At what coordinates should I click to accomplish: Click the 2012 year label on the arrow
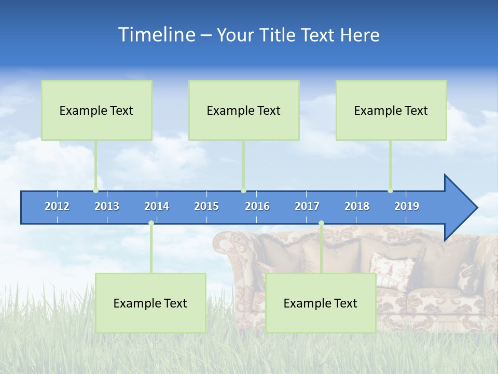pos(57,206)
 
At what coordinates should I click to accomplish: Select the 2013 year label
pos(107,206)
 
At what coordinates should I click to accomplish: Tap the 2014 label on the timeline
pos(157,206)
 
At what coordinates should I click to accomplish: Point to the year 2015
pos(206,206)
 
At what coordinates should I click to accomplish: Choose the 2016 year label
pos(257,206)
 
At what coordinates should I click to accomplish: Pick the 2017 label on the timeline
pos(307,206)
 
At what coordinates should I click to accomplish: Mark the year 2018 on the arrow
pos(357,206)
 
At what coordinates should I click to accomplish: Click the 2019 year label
pos(407,206)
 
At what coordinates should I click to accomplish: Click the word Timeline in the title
pos(156,34)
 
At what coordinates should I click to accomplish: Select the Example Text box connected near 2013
pos(96,110)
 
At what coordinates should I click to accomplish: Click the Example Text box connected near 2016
pos(244,110)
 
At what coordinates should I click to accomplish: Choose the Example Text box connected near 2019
pos(391,110)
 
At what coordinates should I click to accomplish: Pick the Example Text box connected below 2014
pos(150,303)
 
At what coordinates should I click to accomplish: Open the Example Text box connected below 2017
pos(321,303)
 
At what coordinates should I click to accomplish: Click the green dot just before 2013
pos(95,191)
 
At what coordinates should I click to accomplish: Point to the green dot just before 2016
pos(243,191)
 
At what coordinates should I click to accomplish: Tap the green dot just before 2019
pos(390,191)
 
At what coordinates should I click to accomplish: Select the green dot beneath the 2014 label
pos(151,223)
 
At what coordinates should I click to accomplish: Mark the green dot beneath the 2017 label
pos(321,223)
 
